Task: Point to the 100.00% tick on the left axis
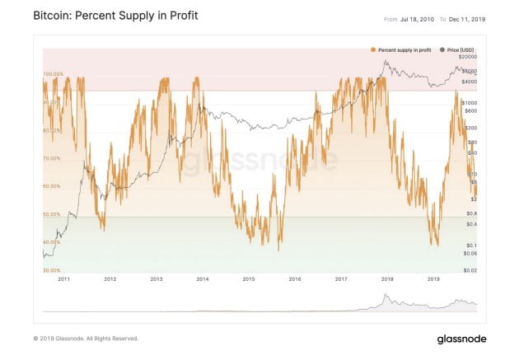click(53, 74)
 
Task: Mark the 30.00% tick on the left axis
click(52, 270)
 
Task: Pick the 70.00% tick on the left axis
click(52, 158)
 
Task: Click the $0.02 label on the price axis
click(468, 269)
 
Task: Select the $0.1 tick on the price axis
click(468, 245)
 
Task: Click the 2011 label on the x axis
click(63, 280)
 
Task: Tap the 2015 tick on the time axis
click(248, 280)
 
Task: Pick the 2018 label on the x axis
click(387, 280)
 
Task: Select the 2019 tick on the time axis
click(434, 280)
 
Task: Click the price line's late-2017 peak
click(386, 62)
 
